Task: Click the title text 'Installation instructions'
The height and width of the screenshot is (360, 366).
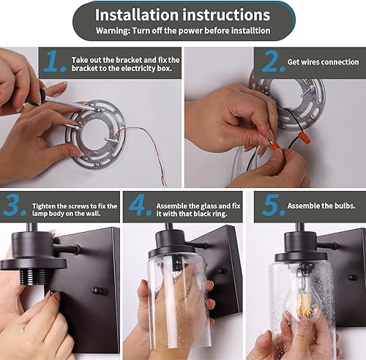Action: tap(182, 15)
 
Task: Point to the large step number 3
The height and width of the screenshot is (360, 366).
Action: tap(15, 206)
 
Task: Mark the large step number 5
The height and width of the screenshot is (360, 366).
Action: tap(271, 206)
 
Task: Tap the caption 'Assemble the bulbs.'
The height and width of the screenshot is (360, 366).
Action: tap(321, 206)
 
